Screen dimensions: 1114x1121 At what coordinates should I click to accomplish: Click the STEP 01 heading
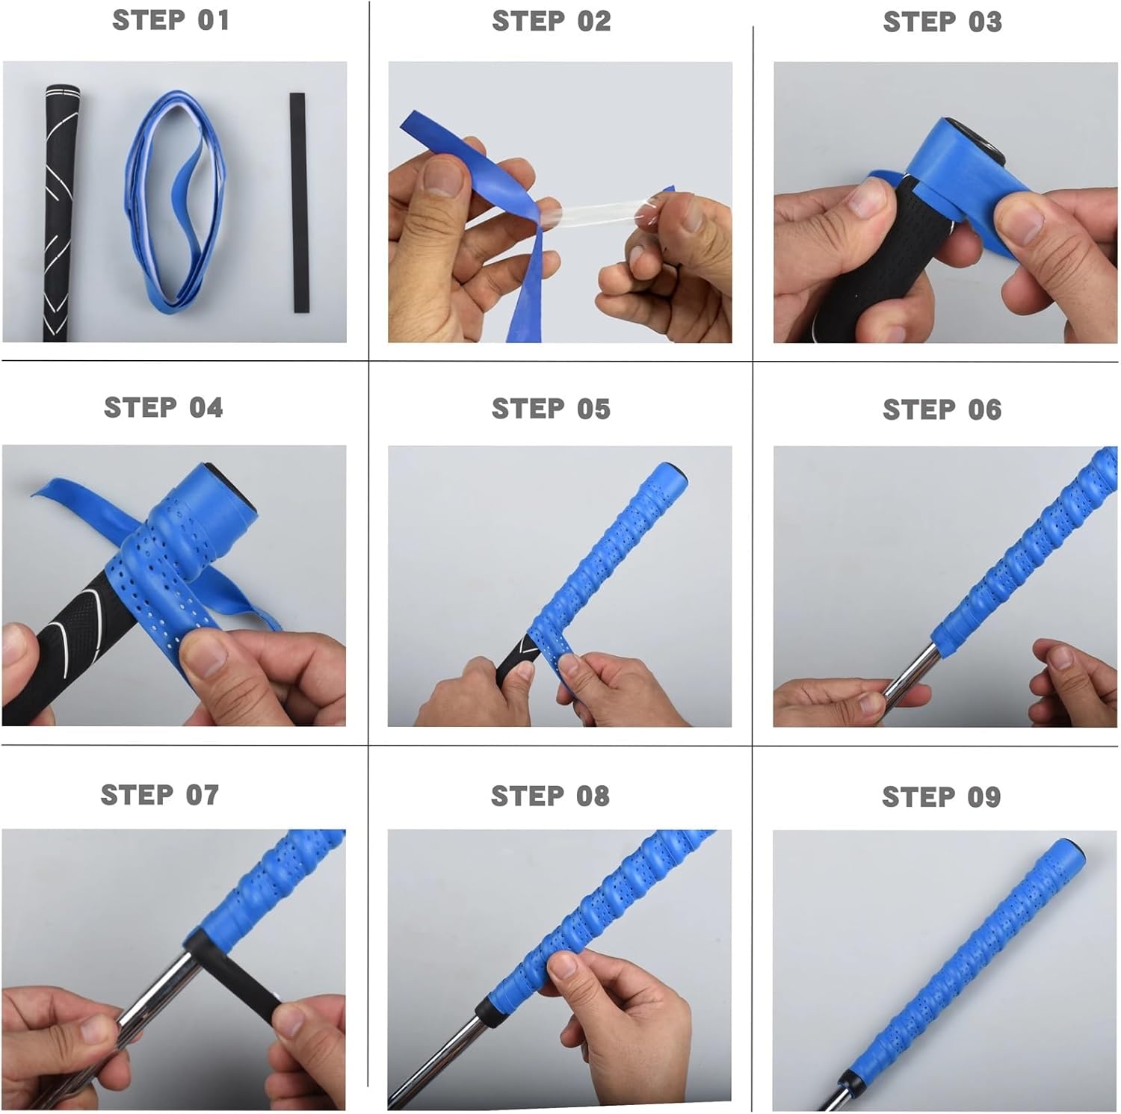(171, 20)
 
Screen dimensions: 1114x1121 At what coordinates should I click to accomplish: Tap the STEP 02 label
(552, 22)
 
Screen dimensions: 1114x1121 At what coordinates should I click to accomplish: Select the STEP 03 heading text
(942, 22)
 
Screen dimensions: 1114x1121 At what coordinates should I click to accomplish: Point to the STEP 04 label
(164, 408)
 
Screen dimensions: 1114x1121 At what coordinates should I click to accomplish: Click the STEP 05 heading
(551, 409)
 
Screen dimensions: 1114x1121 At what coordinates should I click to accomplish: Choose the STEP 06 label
(942, 410)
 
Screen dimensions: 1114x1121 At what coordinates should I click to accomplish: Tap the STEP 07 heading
(160, 795)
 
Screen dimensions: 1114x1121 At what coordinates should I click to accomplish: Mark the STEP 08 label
(550, 796)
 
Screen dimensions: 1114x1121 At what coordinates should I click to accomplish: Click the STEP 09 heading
(941, 797)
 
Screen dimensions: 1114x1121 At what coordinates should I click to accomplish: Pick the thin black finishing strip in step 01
(299, 202)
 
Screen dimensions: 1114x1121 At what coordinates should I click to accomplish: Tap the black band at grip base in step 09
(847, 1081)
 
